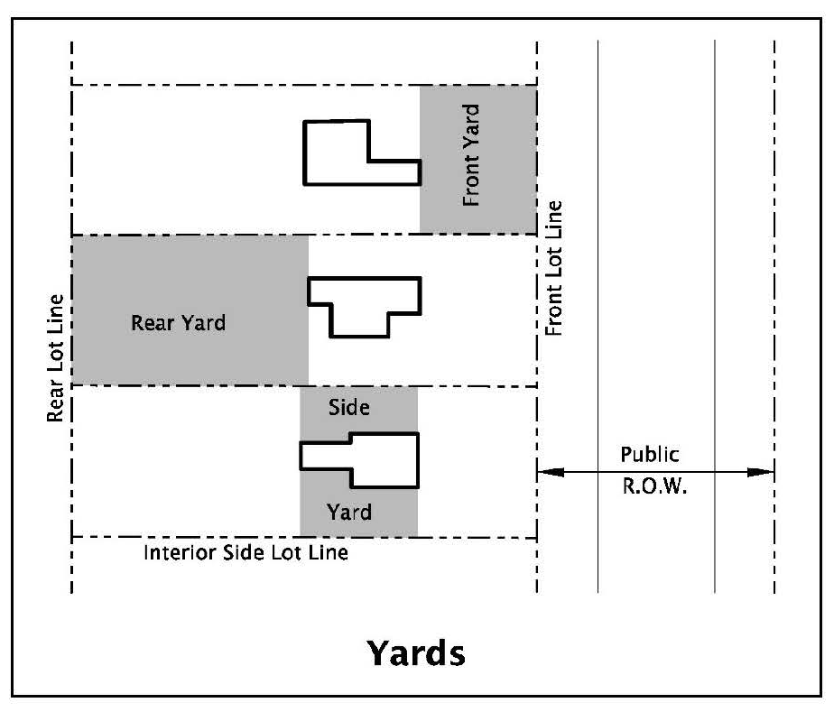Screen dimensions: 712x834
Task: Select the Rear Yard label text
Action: point(178,323)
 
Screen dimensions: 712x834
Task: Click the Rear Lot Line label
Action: point(58,357)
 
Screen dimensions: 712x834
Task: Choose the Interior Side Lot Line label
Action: point(246,551)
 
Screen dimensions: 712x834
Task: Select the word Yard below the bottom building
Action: point(349,513)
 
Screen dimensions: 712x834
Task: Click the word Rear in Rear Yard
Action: point(150,323)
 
